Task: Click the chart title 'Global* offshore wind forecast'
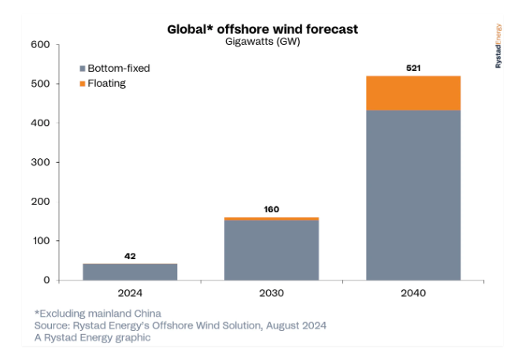[263, 29]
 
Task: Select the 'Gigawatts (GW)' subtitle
[263, 42]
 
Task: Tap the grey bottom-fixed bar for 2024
[130, 272]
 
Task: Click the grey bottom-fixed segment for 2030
[272, 251]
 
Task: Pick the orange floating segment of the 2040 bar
[413, 93]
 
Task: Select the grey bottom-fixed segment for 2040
[413, 195]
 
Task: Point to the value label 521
[413, 68]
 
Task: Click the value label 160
[272, 210]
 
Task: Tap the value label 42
[130, 256]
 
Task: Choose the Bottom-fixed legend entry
[115, 69]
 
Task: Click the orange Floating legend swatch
[83, 84]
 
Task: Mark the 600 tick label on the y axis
[40, 45]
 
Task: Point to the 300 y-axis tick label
[40, 162]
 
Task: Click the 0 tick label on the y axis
[47, 280]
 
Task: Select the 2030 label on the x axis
[272, 293]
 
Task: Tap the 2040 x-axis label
[413, 293]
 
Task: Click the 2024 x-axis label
[130, 293]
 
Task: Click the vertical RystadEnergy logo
[498, 46]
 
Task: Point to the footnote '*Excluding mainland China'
[98, 314]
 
